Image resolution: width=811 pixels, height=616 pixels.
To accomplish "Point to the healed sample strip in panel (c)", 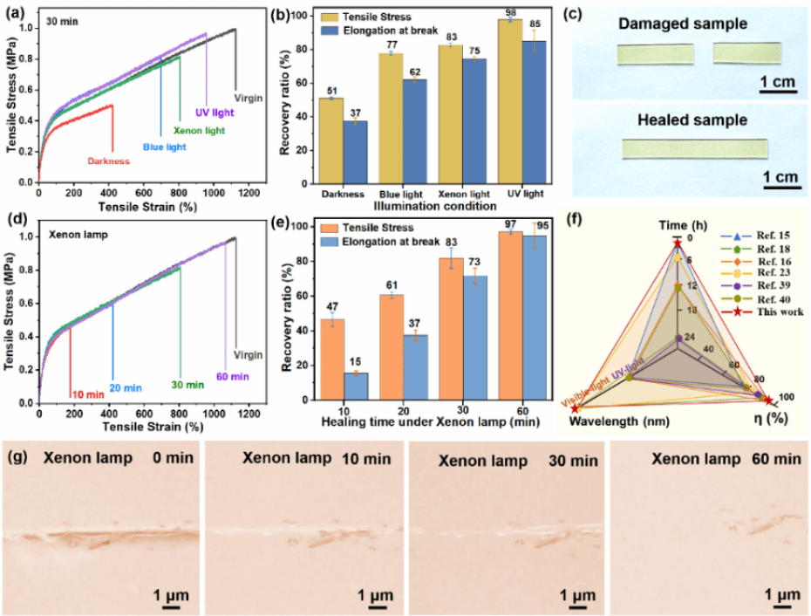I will (694, 150).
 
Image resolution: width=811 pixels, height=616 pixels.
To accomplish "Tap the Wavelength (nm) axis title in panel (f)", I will (612, 421).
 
